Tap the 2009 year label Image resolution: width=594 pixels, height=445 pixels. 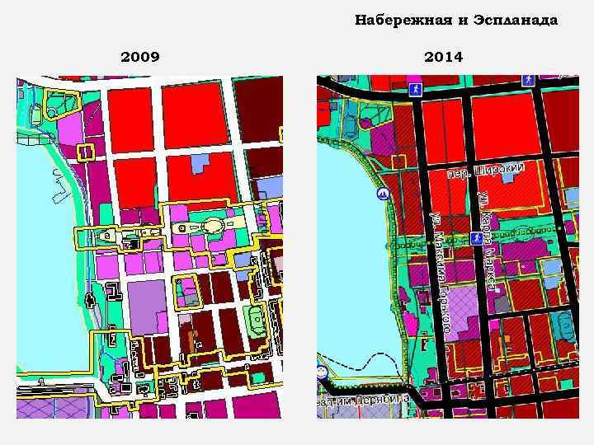coord(140,57)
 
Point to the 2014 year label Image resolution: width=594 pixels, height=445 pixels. coord(444,57)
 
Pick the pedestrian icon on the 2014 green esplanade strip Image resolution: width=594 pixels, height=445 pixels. coord(476,237)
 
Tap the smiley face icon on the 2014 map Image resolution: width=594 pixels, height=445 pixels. coord(323,372)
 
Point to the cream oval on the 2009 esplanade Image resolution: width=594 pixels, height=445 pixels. coord(214,225)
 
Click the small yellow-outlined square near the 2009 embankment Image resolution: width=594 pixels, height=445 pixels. coord(84,152)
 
